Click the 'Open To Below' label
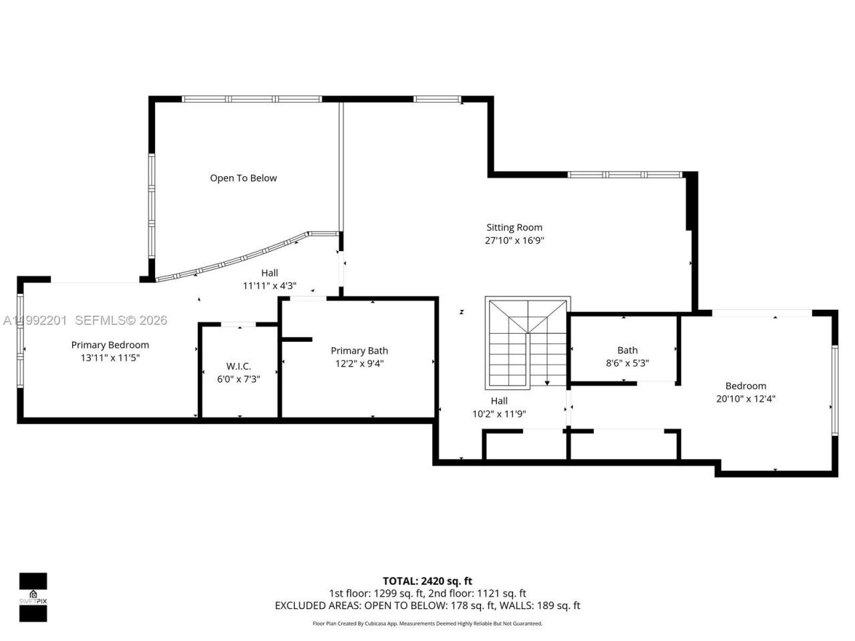tap(243, 178)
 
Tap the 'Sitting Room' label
tap(514, 228)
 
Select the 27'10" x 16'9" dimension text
tap(514, 241)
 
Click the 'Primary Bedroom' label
tap(110, 345)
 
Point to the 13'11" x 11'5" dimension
tap(110, 358)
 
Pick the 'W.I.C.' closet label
tap(238, 367)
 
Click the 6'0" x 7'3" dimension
tap(238, 379)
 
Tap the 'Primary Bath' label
tap(359, 351)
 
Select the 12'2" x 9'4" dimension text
tap(359, 364)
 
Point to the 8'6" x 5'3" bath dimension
tap(627, 363)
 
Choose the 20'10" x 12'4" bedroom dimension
tap(745, 399)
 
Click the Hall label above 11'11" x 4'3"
tap(270, 273)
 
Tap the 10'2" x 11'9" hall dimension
tap(499, 414)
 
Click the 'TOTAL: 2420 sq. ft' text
tap(427, 581)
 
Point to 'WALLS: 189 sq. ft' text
tap(540, 606)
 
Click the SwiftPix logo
tap(33, 597)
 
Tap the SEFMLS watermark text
tap(121, 320)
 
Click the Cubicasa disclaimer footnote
tap(427, 624)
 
